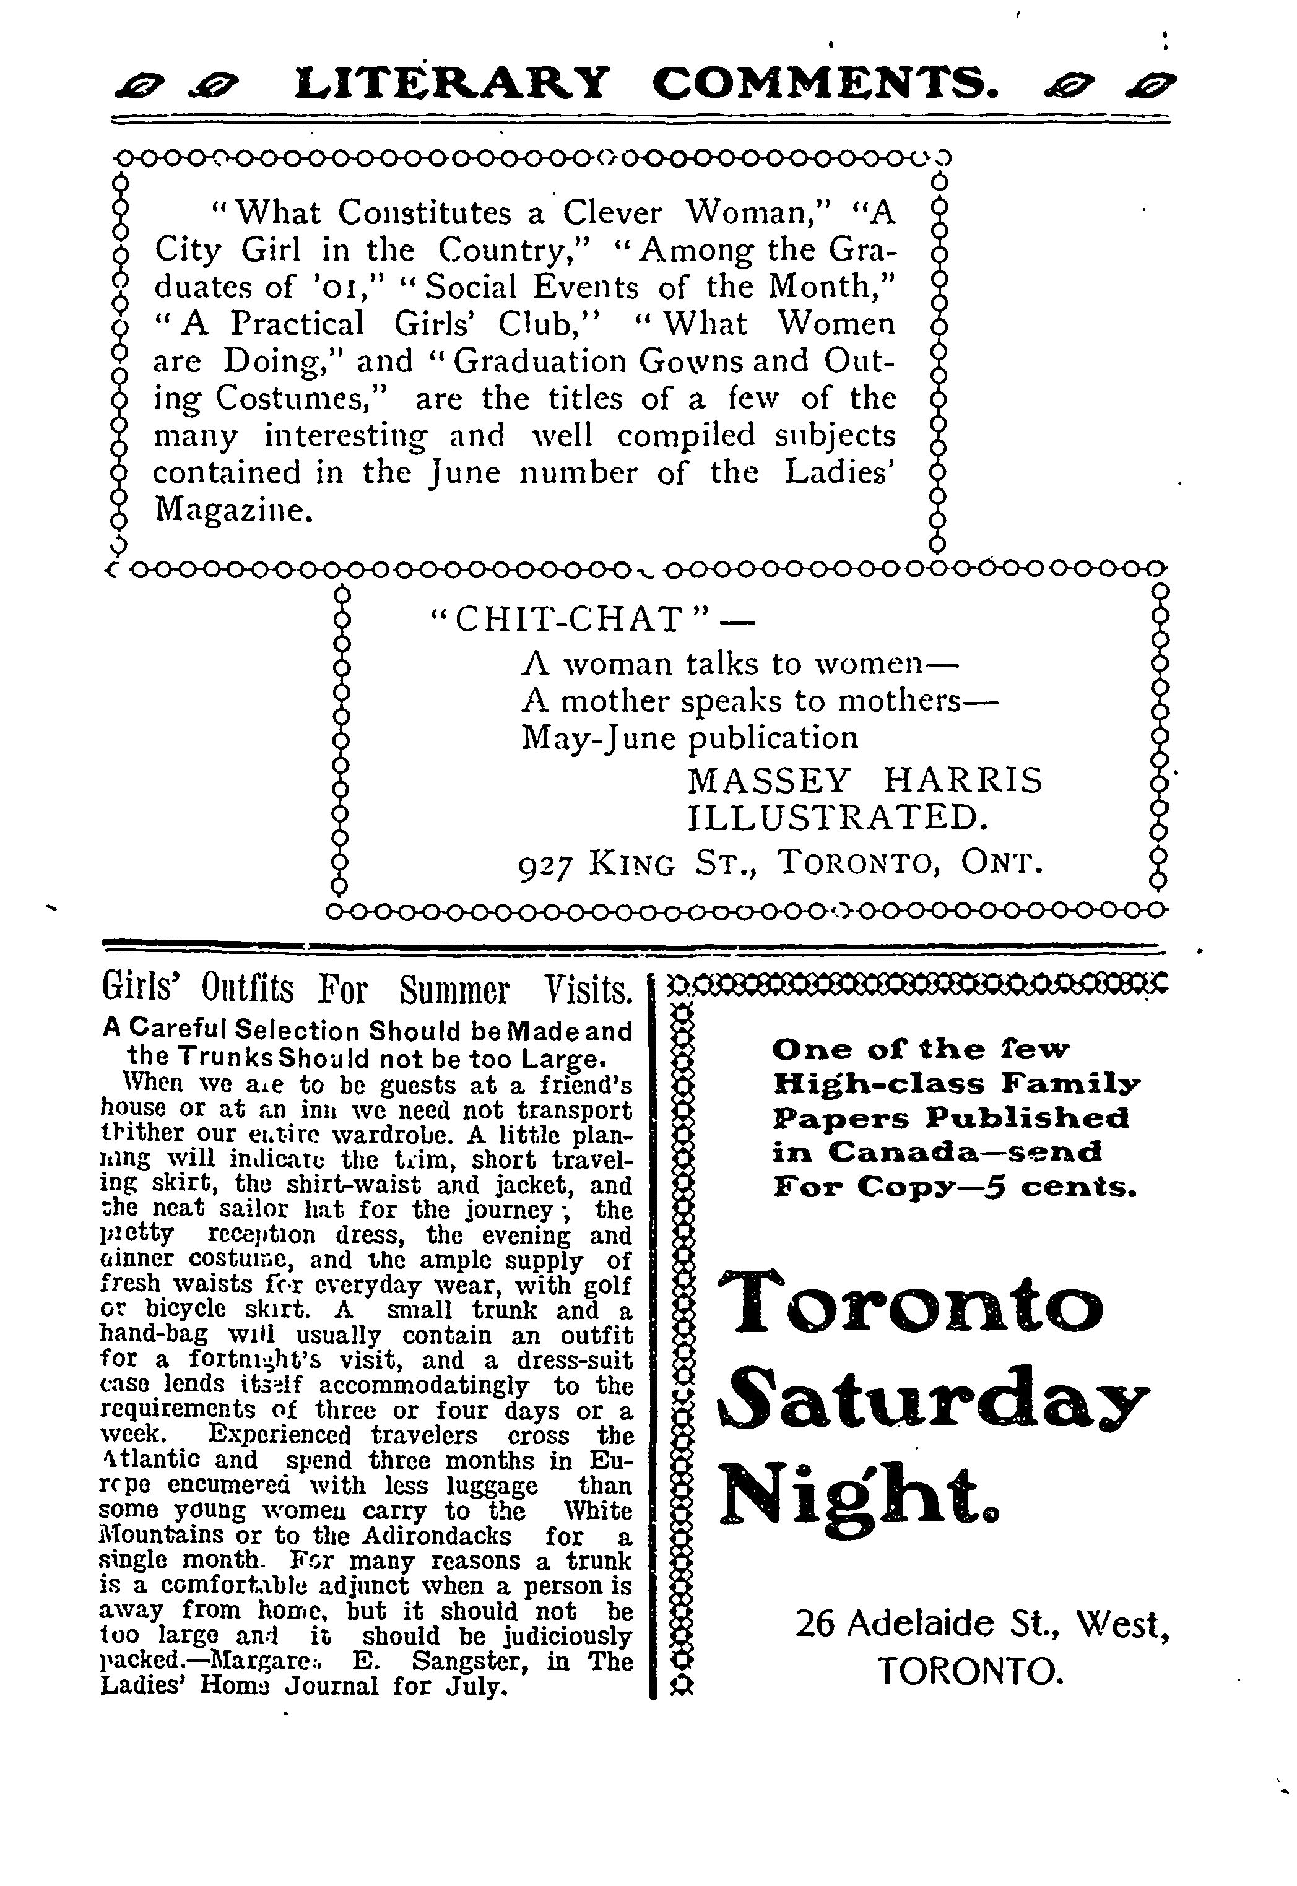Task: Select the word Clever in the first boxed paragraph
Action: click(612, 213)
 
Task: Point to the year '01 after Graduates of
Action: click(341, 288)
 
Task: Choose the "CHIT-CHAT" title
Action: click(569, 620)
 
